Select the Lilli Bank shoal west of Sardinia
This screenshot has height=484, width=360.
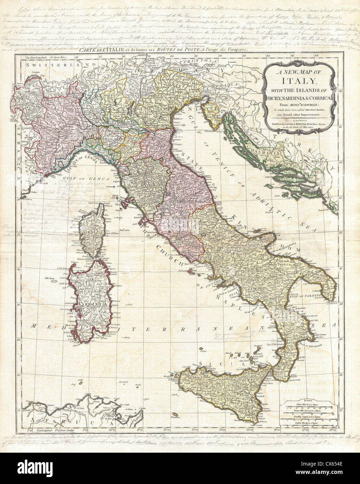pyautogui.click(x=49, y=278)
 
